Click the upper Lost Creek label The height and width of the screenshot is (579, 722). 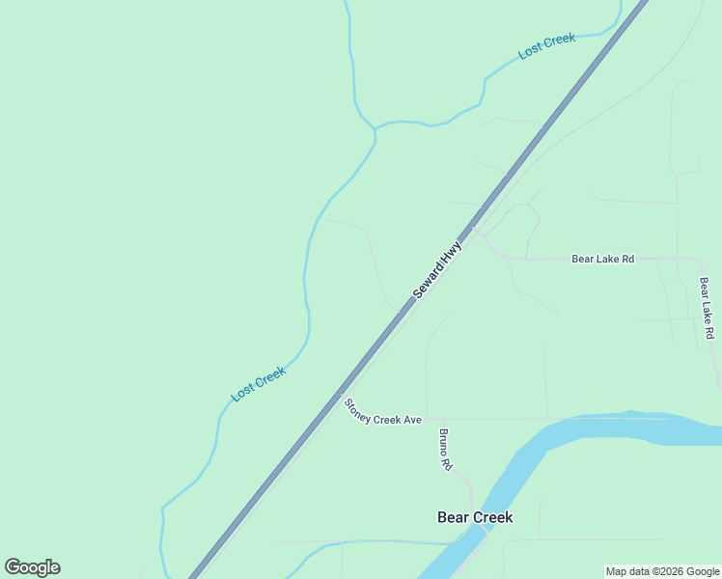(x=546, y=45)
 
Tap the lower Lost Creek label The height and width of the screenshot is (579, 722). (x=259, y=384)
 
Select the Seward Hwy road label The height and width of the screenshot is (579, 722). (x=438, y=270)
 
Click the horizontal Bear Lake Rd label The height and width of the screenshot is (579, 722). (x=602, y=259)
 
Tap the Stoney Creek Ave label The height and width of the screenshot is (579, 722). (x=383, y=412)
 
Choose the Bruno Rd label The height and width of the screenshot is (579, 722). (x=446, y=450)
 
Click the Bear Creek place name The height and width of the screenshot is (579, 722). (x=475, y=517)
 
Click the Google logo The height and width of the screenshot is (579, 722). (x=32, y=567)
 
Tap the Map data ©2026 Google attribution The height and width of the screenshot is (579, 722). (x=663, y=571)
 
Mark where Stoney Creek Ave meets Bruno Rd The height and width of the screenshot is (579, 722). (x=427, y=419)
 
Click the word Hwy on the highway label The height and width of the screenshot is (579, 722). (x=452, y=253)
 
